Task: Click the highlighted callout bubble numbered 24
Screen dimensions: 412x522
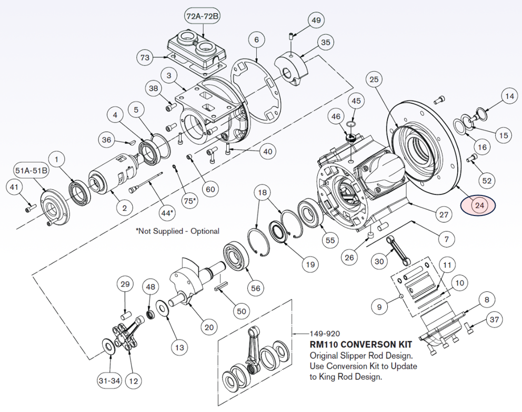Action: pyautogui.click(x=479, y=205)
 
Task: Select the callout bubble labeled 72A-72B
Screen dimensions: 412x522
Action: pyautogui.click(x=203, y=16)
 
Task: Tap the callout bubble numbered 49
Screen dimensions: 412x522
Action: pyautogui.click(x=316, y=21)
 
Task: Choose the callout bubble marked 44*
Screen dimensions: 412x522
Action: pyautogui.click(x=167, y=213)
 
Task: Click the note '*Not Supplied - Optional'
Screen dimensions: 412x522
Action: pyautogui.click(x=177, y=231)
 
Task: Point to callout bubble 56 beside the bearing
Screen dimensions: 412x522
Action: pyautogui.click(x=256, y=288)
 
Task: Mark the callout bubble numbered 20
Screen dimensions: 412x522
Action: pyautogui.click(x=209, y=327)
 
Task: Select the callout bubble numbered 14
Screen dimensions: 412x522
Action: pyautogui.click(x=509, y=96)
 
